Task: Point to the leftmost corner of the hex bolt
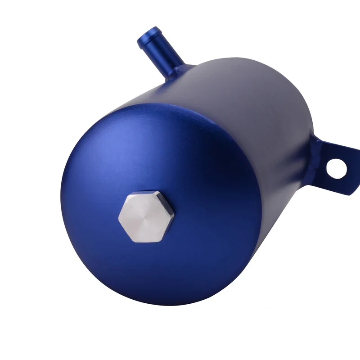coord(119,219)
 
